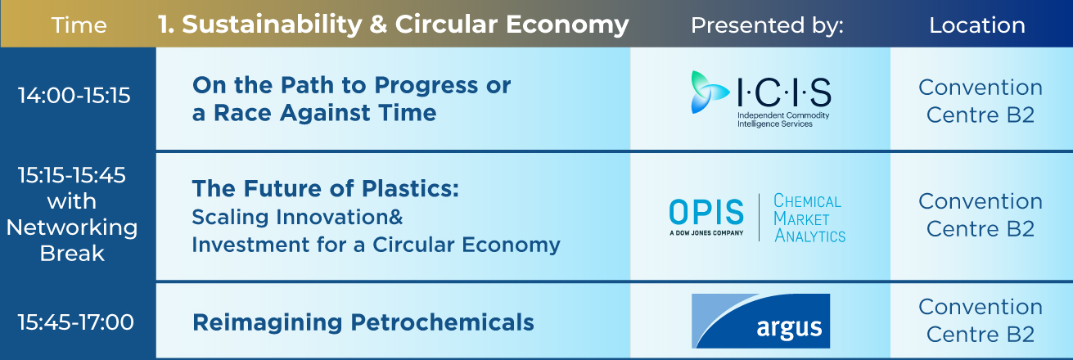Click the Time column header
click(79, 25)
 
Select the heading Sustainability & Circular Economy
click(405, 25)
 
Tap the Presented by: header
click(767, 25)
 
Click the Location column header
click(977, 25)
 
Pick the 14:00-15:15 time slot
click(74, 95)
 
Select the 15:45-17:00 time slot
click(75, 322)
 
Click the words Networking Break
click(72, 240)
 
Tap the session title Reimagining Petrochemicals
click(363, 322)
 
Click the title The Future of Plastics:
click(326, 188)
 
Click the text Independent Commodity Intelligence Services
click(783, 119)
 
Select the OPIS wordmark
click(706, 212)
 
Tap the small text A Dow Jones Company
click(706, 233)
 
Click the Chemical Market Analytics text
click(809, 218)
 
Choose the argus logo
click(760, 321)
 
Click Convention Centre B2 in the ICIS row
click(981, 101)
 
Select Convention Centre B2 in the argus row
click(981, 320)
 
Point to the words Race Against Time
click(325, 113)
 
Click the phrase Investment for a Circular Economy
click(376, 245)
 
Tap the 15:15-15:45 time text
click(72, 175)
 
